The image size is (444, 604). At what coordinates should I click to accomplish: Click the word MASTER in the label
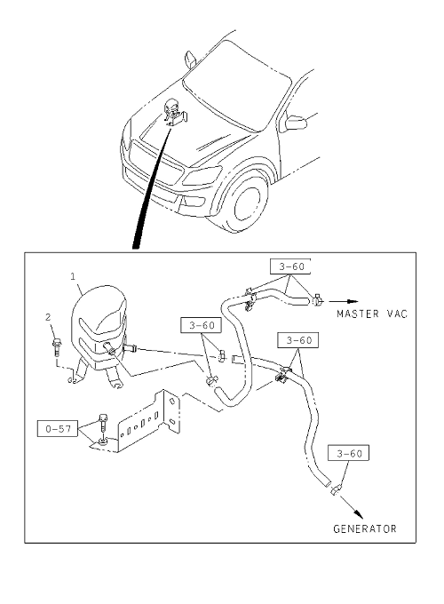(x=358, y=314)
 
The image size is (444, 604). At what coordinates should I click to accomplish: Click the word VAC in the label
(x=397, y=314)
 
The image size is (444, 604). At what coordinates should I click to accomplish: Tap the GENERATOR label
(x=365, y=528)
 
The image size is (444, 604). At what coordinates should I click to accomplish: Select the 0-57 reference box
(x=58, y=429)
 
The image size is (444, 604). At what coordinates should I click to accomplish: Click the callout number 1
(x=73, y=276)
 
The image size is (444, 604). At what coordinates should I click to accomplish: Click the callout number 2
(x=48, y=317)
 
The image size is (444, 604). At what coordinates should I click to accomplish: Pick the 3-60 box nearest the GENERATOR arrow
(x=348, y=453)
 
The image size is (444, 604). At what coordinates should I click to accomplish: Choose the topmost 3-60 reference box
(x=290, y=266)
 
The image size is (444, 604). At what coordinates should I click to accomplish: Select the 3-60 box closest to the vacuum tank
(x=201, y=325)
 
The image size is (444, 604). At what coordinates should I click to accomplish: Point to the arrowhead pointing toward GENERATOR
(x=358, y=514)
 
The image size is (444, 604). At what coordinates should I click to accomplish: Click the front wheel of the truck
(x=247, y=203)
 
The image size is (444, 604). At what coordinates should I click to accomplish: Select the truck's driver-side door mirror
(x=296, y=122)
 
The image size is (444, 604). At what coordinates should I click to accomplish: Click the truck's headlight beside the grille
(x=202, y=176)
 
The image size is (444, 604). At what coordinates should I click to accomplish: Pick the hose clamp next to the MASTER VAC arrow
(x=317, y=299)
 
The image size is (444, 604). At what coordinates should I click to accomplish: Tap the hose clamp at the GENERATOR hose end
(x=334, y=490)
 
